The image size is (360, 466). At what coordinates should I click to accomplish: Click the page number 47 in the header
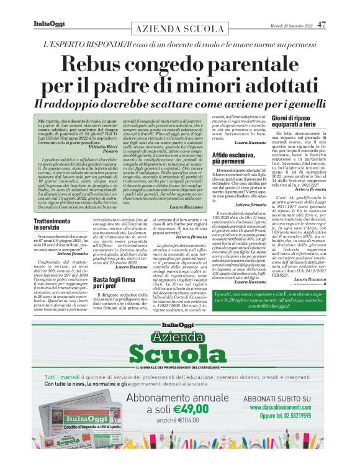[320, 25]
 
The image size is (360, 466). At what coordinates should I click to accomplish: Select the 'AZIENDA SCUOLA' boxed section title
[180, 30]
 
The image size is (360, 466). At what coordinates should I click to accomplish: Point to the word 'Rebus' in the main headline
[100, 63]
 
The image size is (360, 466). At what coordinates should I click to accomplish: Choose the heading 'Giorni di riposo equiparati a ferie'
[299, 121]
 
